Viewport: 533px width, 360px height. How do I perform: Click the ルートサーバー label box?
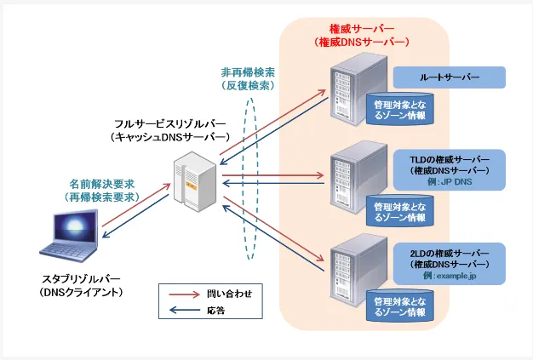point(449,78)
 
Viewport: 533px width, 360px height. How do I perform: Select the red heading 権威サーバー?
point(362,28)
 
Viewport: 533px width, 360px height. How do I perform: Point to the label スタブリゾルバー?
point(81,279)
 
